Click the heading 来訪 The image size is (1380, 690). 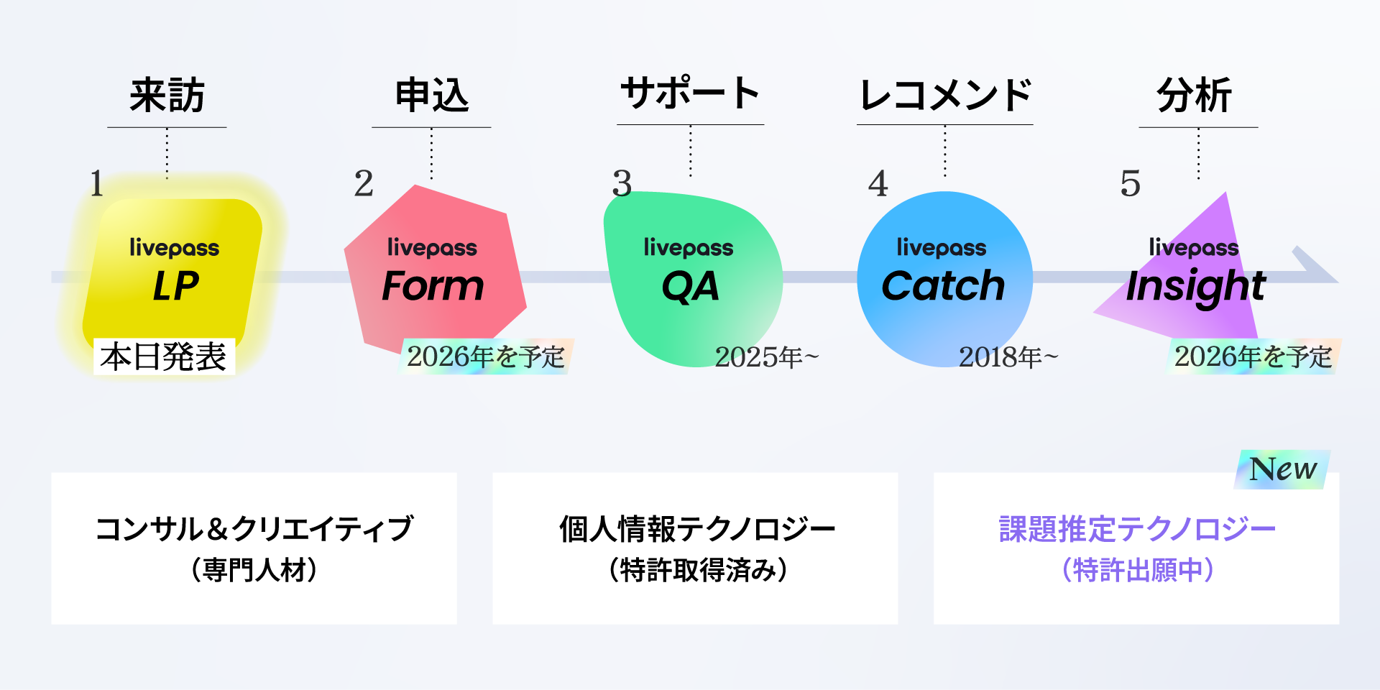(x=167, y=96)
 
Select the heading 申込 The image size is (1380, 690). (x=431, y=96)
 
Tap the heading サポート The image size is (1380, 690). (x=690, y=93)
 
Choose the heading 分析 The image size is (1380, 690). (x=1194, y=96)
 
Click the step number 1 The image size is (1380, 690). (x=97, y=184)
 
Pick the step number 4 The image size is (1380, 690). (x=878, y=184)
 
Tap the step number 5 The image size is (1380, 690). (x=1130, y=184)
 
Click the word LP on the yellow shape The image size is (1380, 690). (x=175, y=286)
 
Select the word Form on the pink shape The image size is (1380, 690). (x=433, y=286)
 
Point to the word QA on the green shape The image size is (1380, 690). (x=690, y=286)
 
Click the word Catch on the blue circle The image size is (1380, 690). (x=943, y=286)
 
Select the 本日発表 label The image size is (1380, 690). (x=164, y=356)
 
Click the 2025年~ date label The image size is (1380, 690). (x=766, y=357)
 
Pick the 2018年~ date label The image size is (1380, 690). (x=1008, y=357)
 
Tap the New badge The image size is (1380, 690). (x=1283, y=469)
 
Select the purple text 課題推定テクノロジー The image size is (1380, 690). (x=1136, y=529)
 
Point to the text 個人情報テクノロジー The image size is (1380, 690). (x=696, y=529)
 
